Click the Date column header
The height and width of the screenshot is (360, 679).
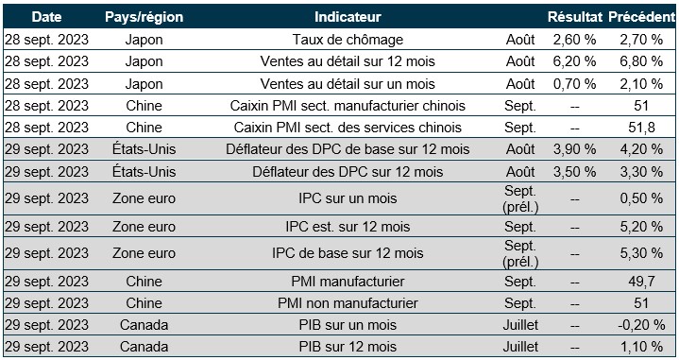pos(46,17)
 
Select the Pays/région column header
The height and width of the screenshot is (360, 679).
pos(144,17)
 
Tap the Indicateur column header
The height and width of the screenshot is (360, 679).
pos(348,17)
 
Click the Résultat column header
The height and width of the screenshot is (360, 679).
pos(574,17)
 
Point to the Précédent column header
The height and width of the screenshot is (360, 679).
pos(642,17)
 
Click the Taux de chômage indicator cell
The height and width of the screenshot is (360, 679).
pos(348,40)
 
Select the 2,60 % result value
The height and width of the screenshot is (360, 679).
pos(574,40)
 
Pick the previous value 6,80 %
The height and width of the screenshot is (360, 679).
pos(641,61)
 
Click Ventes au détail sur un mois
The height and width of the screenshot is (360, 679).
pos(348,83)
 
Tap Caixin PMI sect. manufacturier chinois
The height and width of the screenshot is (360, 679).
pos(348,106)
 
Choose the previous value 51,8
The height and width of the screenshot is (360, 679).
pos(641,128)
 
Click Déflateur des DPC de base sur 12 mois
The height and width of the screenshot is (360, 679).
pos(348,149)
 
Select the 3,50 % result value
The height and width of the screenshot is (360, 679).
pos(574,172)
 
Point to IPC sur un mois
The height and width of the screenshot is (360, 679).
pos(348,198)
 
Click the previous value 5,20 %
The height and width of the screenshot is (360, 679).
pos(641,227)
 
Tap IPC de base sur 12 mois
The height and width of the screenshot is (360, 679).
pos(348,253)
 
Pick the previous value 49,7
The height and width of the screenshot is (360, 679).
pos(641,282)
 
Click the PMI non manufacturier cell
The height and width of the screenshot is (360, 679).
pos(348,303)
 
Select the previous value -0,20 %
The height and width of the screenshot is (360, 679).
pos(641,325)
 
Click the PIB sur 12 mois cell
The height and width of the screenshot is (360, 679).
pos(348,347)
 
